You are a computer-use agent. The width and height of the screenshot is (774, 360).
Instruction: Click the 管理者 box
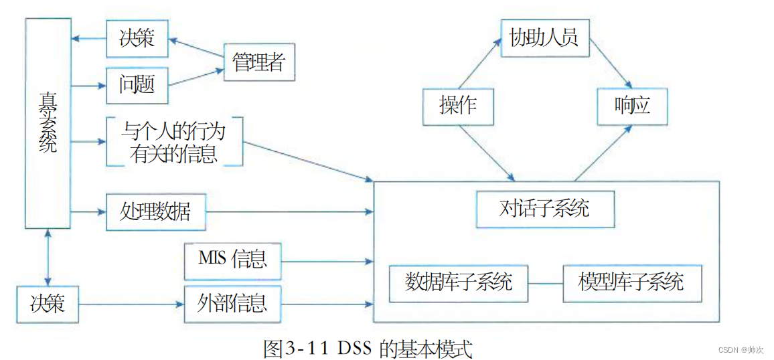coord(258,62)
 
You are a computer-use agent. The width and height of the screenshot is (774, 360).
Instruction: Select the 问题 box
coord(137,84)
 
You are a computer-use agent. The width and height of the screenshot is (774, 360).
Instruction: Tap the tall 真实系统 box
coord(48,124)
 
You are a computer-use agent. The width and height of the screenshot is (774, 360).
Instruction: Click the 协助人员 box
coord(544,37)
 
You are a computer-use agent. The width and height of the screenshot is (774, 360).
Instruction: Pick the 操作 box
coord(458,106)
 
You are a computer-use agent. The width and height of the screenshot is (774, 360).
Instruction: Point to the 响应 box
coord(632,106)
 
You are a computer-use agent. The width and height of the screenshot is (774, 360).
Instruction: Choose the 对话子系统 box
coord(544,208)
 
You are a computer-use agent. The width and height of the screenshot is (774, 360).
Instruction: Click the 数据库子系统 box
coord(459,282)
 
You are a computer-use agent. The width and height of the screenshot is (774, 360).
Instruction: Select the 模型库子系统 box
coord(631,282)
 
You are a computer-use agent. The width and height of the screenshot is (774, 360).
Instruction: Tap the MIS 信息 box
coord(232,260)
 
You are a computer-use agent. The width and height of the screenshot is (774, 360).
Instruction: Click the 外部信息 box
coord(232,304)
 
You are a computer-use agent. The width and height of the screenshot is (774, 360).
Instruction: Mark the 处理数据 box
coord(155,211)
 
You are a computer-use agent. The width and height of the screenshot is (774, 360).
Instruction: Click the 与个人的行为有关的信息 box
coord(173,142)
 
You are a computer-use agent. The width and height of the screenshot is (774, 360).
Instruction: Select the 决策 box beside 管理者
coord(137,38)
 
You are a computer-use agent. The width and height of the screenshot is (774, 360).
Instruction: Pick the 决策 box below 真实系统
coord(48,304)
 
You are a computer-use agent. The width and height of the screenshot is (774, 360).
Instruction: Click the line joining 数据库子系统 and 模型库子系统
coord(545,283)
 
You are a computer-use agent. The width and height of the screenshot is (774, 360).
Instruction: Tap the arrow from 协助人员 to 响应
coord(609,65)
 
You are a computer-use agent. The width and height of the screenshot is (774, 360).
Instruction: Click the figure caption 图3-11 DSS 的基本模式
coord(368,349)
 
